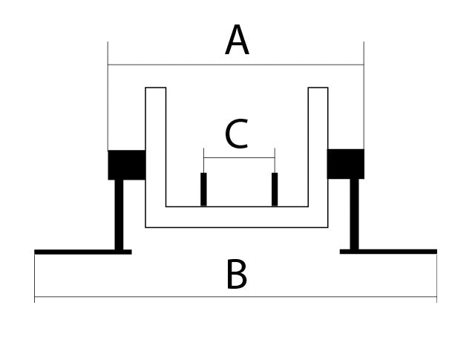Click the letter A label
point(237,42)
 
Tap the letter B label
point(236,275)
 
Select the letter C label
point(236,136)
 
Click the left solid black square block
point(126,165)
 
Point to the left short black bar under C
point(203,189)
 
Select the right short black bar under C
point(275,189)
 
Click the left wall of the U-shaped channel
point(155,148)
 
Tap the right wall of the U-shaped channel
point(318,148)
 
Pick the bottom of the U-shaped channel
point(236,217)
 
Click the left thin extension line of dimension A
point(108,104)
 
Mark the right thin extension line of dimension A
point(364,104)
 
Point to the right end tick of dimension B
point(436,297)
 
